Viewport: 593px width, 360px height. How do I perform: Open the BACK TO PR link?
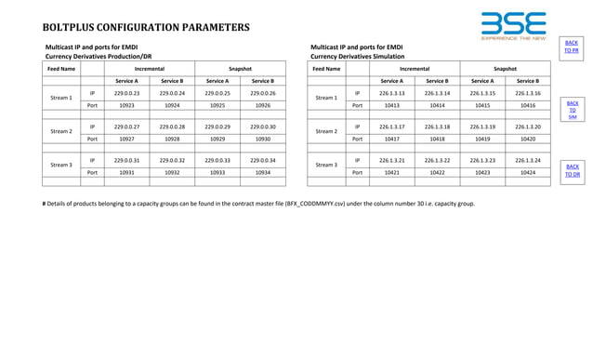tap(572, 47)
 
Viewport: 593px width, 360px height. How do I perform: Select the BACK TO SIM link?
tap(572, 110)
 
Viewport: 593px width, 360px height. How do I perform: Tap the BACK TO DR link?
tap(572, 169)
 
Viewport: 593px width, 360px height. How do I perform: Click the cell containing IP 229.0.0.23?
tap(126, 93)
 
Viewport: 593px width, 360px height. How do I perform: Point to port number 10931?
tap(126, 172)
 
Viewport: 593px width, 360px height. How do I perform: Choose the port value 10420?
tap(527, 139)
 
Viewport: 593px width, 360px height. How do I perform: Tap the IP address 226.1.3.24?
tap(527, 159)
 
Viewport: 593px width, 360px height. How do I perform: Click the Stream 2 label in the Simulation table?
tap(326, 132)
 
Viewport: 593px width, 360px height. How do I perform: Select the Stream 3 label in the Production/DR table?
tap(61, 166)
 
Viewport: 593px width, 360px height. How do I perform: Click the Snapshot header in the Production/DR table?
tap(240, 68)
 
